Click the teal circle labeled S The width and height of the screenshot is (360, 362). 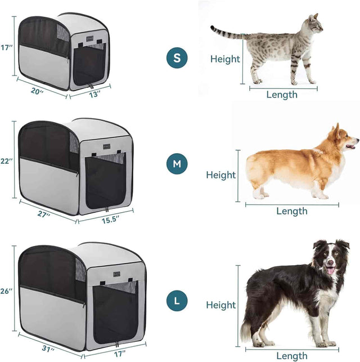(177, 58)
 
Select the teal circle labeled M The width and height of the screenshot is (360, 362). (177, 164)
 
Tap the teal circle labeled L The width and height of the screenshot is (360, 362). (177, 301)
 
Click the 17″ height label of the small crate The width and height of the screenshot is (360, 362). (7, 48)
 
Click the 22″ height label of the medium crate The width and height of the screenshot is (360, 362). (7, 162)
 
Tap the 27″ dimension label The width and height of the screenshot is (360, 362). (43, 214)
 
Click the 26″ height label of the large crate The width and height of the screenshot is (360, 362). (7, 291)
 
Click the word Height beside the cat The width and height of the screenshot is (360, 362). (225, 59)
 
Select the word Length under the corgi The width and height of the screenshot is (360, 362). (292, 211)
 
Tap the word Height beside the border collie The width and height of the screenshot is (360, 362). (220, 305)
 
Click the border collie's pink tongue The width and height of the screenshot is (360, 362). (331, 271)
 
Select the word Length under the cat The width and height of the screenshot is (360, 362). (282, 95)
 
